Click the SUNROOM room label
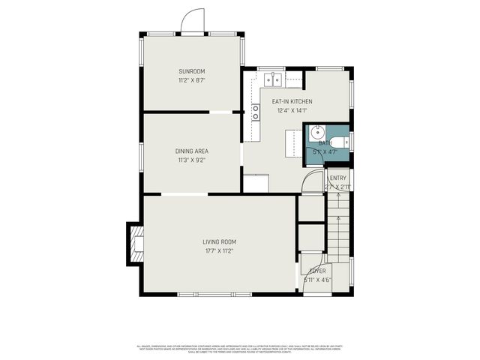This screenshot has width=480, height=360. (x=191, y=71)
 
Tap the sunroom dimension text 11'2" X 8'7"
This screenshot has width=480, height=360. (x=191, y=79)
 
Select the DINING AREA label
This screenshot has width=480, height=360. (x=191, y=151)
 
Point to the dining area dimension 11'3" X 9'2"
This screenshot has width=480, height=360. (x=191, y=159)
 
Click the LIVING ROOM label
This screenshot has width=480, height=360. (x=219, y=241)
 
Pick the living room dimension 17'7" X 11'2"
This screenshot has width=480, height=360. (x=219, y=250)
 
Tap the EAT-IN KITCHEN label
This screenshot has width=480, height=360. (x=292, y=101)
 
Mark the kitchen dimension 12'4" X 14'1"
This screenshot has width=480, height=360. (x=292, y=110)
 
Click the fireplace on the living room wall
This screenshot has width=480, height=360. (x=135, y=244)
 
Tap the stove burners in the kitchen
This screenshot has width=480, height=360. (x=256, y=112)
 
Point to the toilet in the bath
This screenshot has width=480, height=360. (x=338, y=142)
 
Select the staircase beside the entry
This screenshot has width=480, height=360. (x=338, y=225)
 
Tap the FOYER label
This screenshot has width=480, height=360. (x=318, y=271)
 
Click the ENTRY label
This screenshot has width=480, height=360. (x=337, y=178)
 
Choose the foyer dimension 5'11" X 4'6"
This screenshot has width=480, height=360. (x=318, y=280)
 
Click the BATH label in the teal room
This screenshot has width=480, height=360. (x=325, y=142)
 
